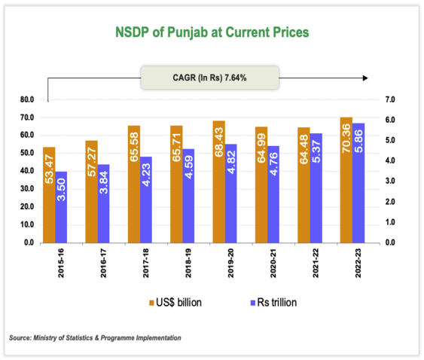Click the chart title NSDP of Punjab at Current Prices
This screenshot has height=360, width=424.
pos(211,32)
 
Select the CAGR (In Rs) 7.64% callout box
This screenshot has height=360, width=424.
pos(210,77)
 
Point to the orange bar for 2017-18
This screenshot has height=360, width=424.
pos(134,184)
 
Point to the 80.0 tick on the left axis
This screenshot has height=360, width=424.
pos(28,99)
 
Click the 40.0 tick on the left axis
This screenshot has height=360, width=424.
pos(28,171)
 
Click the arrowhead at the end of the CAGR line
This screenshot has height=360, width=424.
pos(365,77)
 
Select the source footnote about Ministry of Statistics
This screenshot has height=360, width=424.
pos(96,337)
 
